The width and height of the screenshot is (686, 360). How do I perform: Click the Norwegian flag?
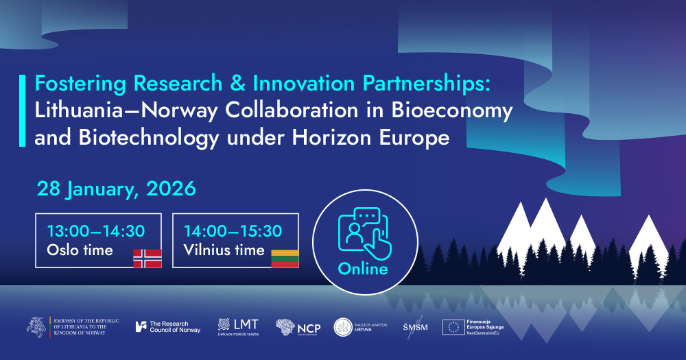click(x=147, y=258)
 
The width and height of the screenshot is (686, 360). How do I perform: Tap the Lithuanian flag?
click(x=285, y=258)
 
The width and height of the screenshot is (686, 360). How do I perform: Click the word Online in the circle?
click(x=363, y=269)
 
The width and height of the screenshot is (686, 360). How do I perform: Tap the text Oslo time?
click(x=80, y=250)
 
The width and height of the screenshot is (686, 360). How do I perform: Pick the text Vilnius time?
click(x=224, y=250)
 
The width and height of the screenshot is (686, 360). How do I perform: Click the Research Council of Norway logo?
click(x=168, y=327)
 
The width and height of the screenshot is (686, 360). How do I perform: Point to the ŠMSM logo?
click(x=415, y=327)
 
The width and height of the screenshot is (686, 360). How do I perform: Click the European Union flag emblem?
click(x=453, y=327)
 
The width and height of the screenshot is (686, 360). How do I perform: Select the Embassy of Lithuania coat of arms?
click(x=38, y=327)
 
